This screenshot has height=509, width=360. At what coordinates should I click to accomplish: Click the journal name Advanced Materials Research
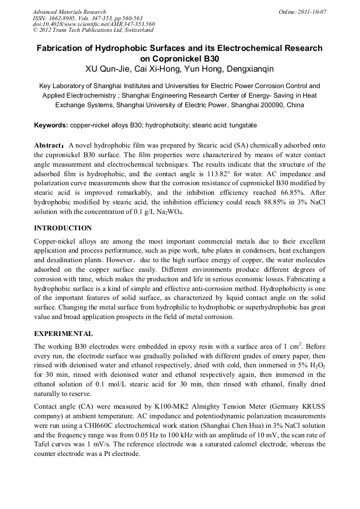tap(69, 12)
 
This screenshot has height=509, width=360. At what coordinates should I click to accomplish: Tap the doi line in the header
tap(93, 24)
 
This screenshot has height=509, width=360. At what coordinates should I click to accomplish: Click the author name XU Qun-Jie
tap(108, 69)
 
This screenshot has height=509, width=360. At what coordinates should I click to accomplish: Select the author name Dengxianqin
tap(251, 69)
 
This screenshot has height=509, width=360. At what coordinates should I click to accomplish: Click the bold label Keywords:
tap(51, 125)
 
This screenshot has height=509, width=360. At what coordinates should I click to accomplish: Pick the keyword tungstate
tap(242, 125)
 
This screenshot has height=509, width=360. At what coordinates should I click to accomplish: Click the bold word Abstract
tap(48, 145)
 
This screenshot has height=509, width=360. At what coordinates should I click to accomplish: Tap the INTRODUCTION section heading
tap(63, 228)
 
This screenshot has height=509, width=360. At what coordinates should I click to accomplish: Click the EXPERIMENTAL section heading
tap(63, 334)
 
